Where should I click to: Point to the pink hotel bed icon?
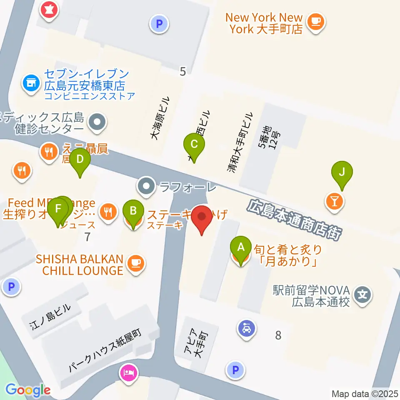[x=128, y=370]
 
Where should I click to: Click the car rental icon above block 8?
[x=247, y=329]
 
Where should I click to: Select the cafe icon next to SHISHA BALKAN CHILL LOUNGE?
[x=136, y=262]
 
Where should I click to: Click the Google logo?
[x=28, y=390]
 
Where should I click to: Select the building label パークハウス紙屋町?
[x=106, y=350]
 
